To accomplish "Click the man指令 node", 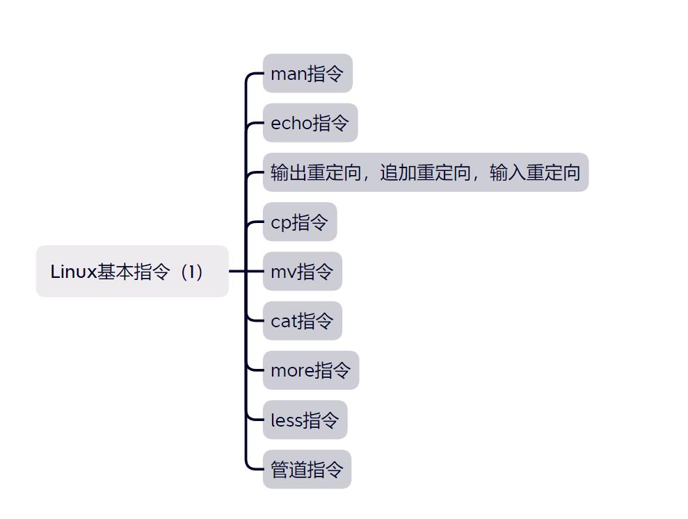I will pyautogui.click(x=307, y=73).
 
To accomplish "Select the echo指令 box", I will pyautogui.click(x=310, y=123).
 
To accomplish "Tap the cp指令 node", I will pyautogui.click(x=299, y=222).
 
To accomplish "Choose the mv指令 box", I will pyautogui.click(x=302, y=272).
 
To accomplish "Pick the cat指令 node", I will pyautogui.click(x=302, y=321).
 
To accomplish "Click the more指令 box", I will pyautogui.click(x=310, y=370).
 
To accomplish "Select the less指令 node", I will pyautogui.click(x=305, y=420).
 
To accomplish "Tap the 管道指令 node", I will pyautogui.click(x=307, y=470).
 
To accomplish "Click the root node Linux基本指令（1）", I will pyautogui.click(x=132, y=271).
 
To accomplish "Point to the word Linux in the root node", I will pyautogui.click(x=73, y=272).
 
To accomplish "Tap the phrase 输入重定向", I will pyautogui.click(x=535, y=172).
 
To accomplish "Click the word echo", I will pyautogui.click(x=291, y=124).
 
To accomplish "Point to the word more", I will pyautogui.click(x=292, y=371).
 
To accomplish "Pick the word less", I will pyautogui.click(x=286, y=420).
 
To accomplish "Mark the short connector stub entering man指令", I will pyautogui.click(x=255, y=73).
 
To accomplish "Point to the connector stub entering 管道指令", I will pyautogui.click(x=255, y=469).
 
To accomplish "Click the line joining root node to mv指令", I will pyautogui.click(x=240, y=272).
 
